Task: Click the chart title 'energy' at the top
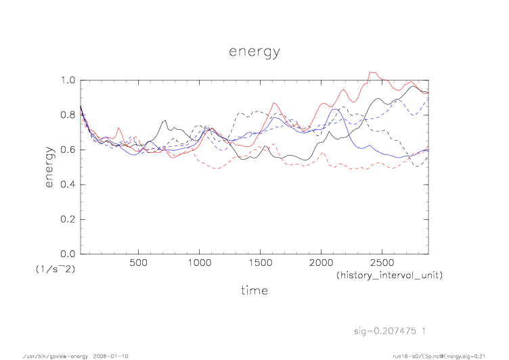coord(254,51)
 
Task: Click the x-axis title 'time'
coord(254,290)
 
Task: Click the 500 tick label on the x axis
coord(138,262)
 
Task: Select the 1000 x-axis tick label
coord(199,262)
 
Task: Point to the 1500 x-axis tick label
coord(260,262)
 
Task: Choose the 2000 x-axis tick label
coord(321,262)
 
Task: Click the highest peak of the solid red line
coord(370,72)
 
